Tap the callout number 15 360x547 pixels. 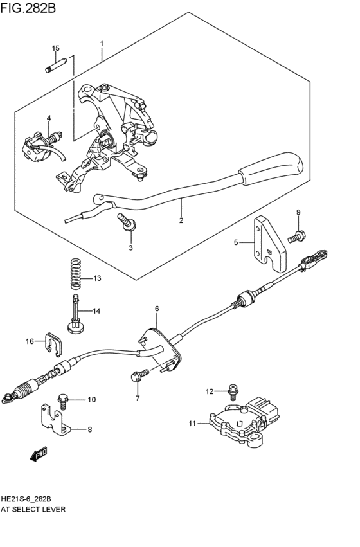pyautogui.click(x=55, y=49)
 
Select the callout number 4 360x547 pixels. pyautogui.click(x=48, y=118)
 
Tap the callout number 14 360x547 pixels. pyautogui.click(x=96, y=311)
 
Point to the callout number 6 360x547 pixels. pyautogui.click(x=156, y=309)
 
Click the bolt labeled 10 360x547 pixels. pyautogui.click(x=65, y=400)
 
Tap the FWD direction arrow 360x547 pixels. pyautogui.click(x=39, y=454)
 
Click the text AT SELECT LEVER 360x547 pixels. pyautogui.click(x=33, y=508)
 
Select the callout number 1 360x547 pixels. pyautogui.click(x=102, y=44)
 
